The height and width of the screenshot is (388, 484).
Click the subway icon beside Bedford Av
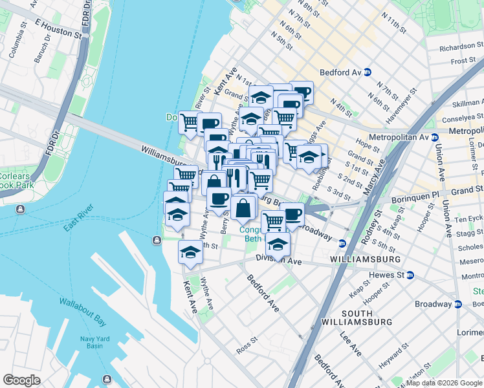pos(367,72)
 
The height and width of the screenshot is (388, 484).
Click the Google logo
pos(21,380)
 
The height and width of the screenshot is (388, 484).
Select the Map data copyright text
pos(443,383)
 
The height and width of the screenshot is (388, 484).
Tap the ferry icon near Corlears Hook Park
pos(20,210)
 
